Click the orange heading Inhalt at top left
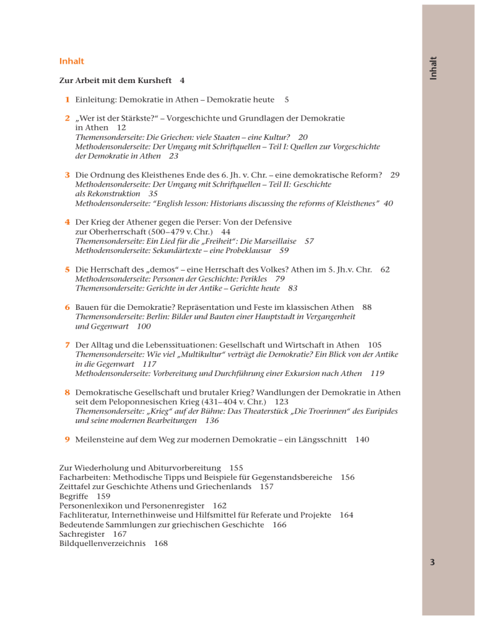coord(71,62)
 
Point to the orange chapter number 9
coord(67,440)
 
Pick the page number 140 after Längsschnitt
coord(361,440)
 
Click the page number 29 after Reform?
coord(395,176)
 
